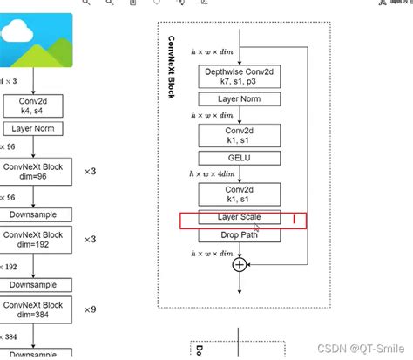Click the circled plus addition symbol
[239, 264]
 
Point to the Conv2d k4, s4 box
[32, 105]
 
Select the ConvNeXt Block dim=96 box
[36, 171]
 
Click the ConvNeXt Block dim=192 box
[36, 239]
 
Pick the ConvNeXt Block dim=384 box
[36, 307]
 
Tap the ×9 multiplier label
[90, 308]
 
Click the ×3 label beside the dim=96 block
[90, 172]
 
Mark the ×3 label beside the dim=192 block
[90, 240]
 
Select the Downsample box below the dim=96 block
[36, 214]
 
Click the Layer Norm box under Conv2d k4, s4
[32, 128]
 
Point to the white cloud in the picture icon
[17, 33]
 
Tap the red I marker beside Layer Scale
[295, 219]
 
